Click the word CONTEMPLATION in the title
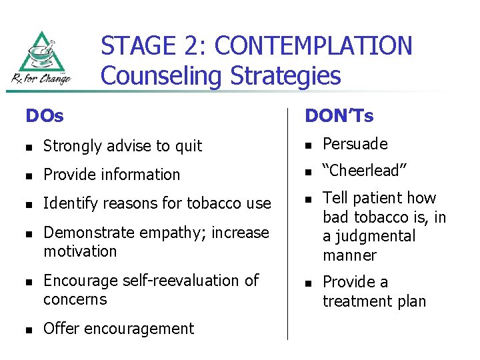point(314,46)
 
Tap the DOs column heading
point(45,116)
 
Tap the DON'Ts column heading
point(339,116)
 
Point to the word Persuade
point(355,144)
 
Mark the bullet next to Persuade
point(308,145)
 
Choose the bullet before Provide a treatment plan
point(308,283)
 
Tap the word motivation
point(80,251)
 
